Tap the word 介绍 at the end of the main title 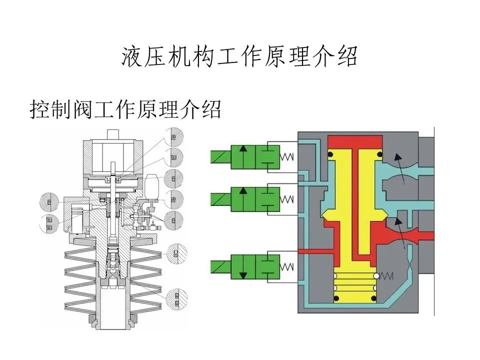(x=339, y=57)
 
